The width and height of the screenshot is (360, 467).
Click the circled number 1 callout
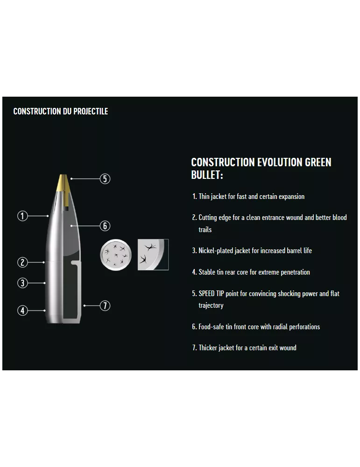(22, 216)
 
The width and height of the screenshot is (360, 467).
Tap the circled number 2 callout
(22, 262)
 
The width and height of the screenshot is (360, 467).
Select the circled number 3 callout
(22, 283)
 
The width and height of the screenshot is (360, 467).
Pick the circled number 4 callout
(22, 311)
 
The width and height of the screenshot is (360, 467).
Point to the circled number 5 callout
(105, 179)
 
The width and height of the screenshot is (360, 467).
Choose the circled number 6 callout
(105, 226)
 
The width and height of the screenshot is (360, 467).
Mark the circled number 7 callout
(105, 305)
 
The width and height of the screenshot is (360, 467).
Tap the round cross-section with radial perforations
(116, 255)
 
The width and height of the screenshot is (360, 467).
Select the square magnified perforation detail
(153, 255)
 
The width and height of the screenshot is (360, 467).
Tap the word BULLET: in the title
(207, 175)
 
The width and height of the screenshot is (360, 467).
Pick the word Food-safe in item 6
(211, 327)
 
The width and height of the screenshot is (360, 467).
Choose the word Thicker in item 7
(208, 348)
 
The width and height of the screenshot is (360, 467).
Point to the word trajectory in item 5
(211, 305)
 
